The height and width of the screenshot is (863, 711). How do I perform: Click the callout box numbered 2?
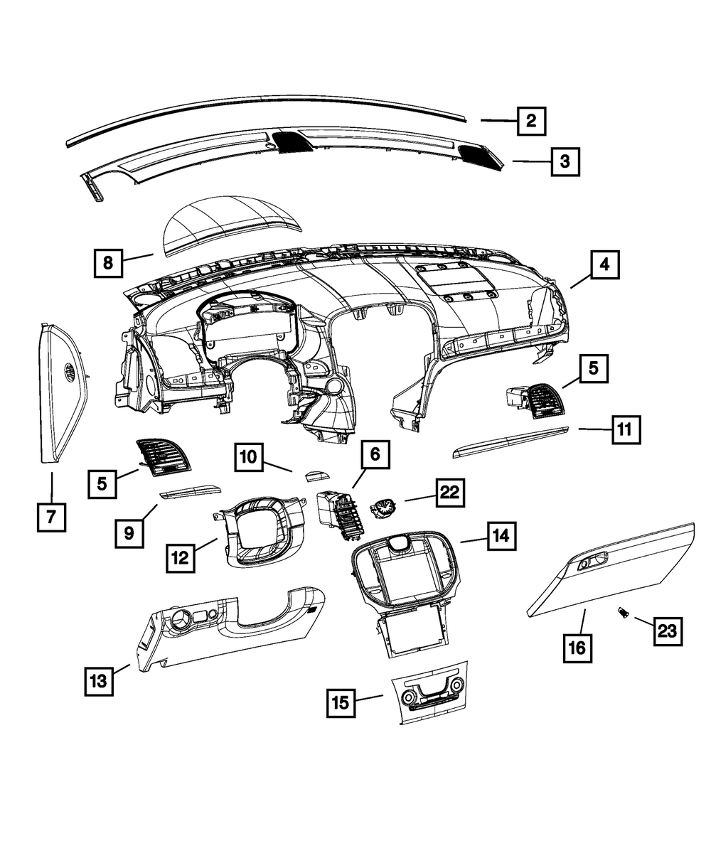tap(530, 121)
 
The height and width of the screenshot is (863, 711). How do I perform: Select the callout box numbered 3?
tap(564, 161)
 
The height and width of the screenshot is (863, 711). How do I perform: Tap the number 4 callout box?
tap(604, 265)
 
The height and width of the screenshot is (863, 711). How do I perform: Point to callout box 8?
tap(108, 262)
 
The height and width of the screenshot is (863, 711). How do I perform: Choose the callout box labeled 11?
tap(624, 429)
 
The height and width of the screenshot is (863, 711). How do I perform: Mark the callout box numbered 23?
tap(668, 631)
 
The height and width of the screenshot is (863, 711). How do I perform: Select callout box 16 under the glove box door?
tap(577, 648)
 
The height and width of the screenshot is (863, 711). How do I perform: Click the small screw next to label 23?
tap(624, 611)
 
